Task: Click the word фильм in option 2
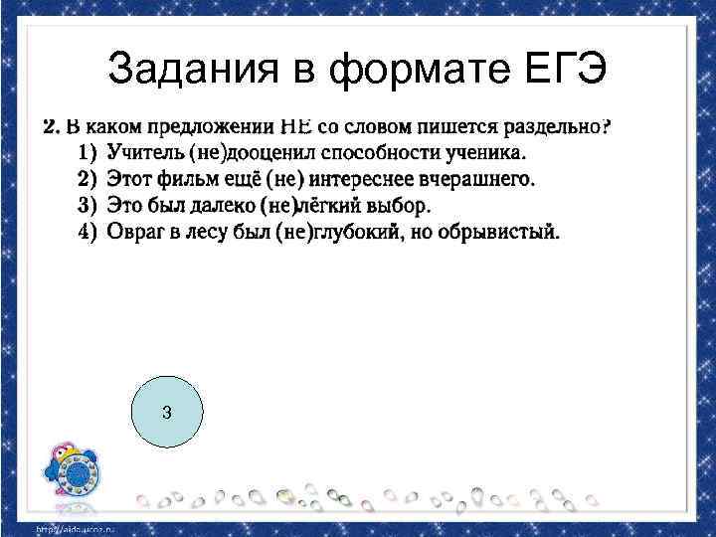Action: (x=181, y=180)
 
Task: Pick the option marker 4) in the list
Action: (x=87, y=233)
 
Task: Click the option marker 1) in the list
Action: (x=87, y=153)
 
